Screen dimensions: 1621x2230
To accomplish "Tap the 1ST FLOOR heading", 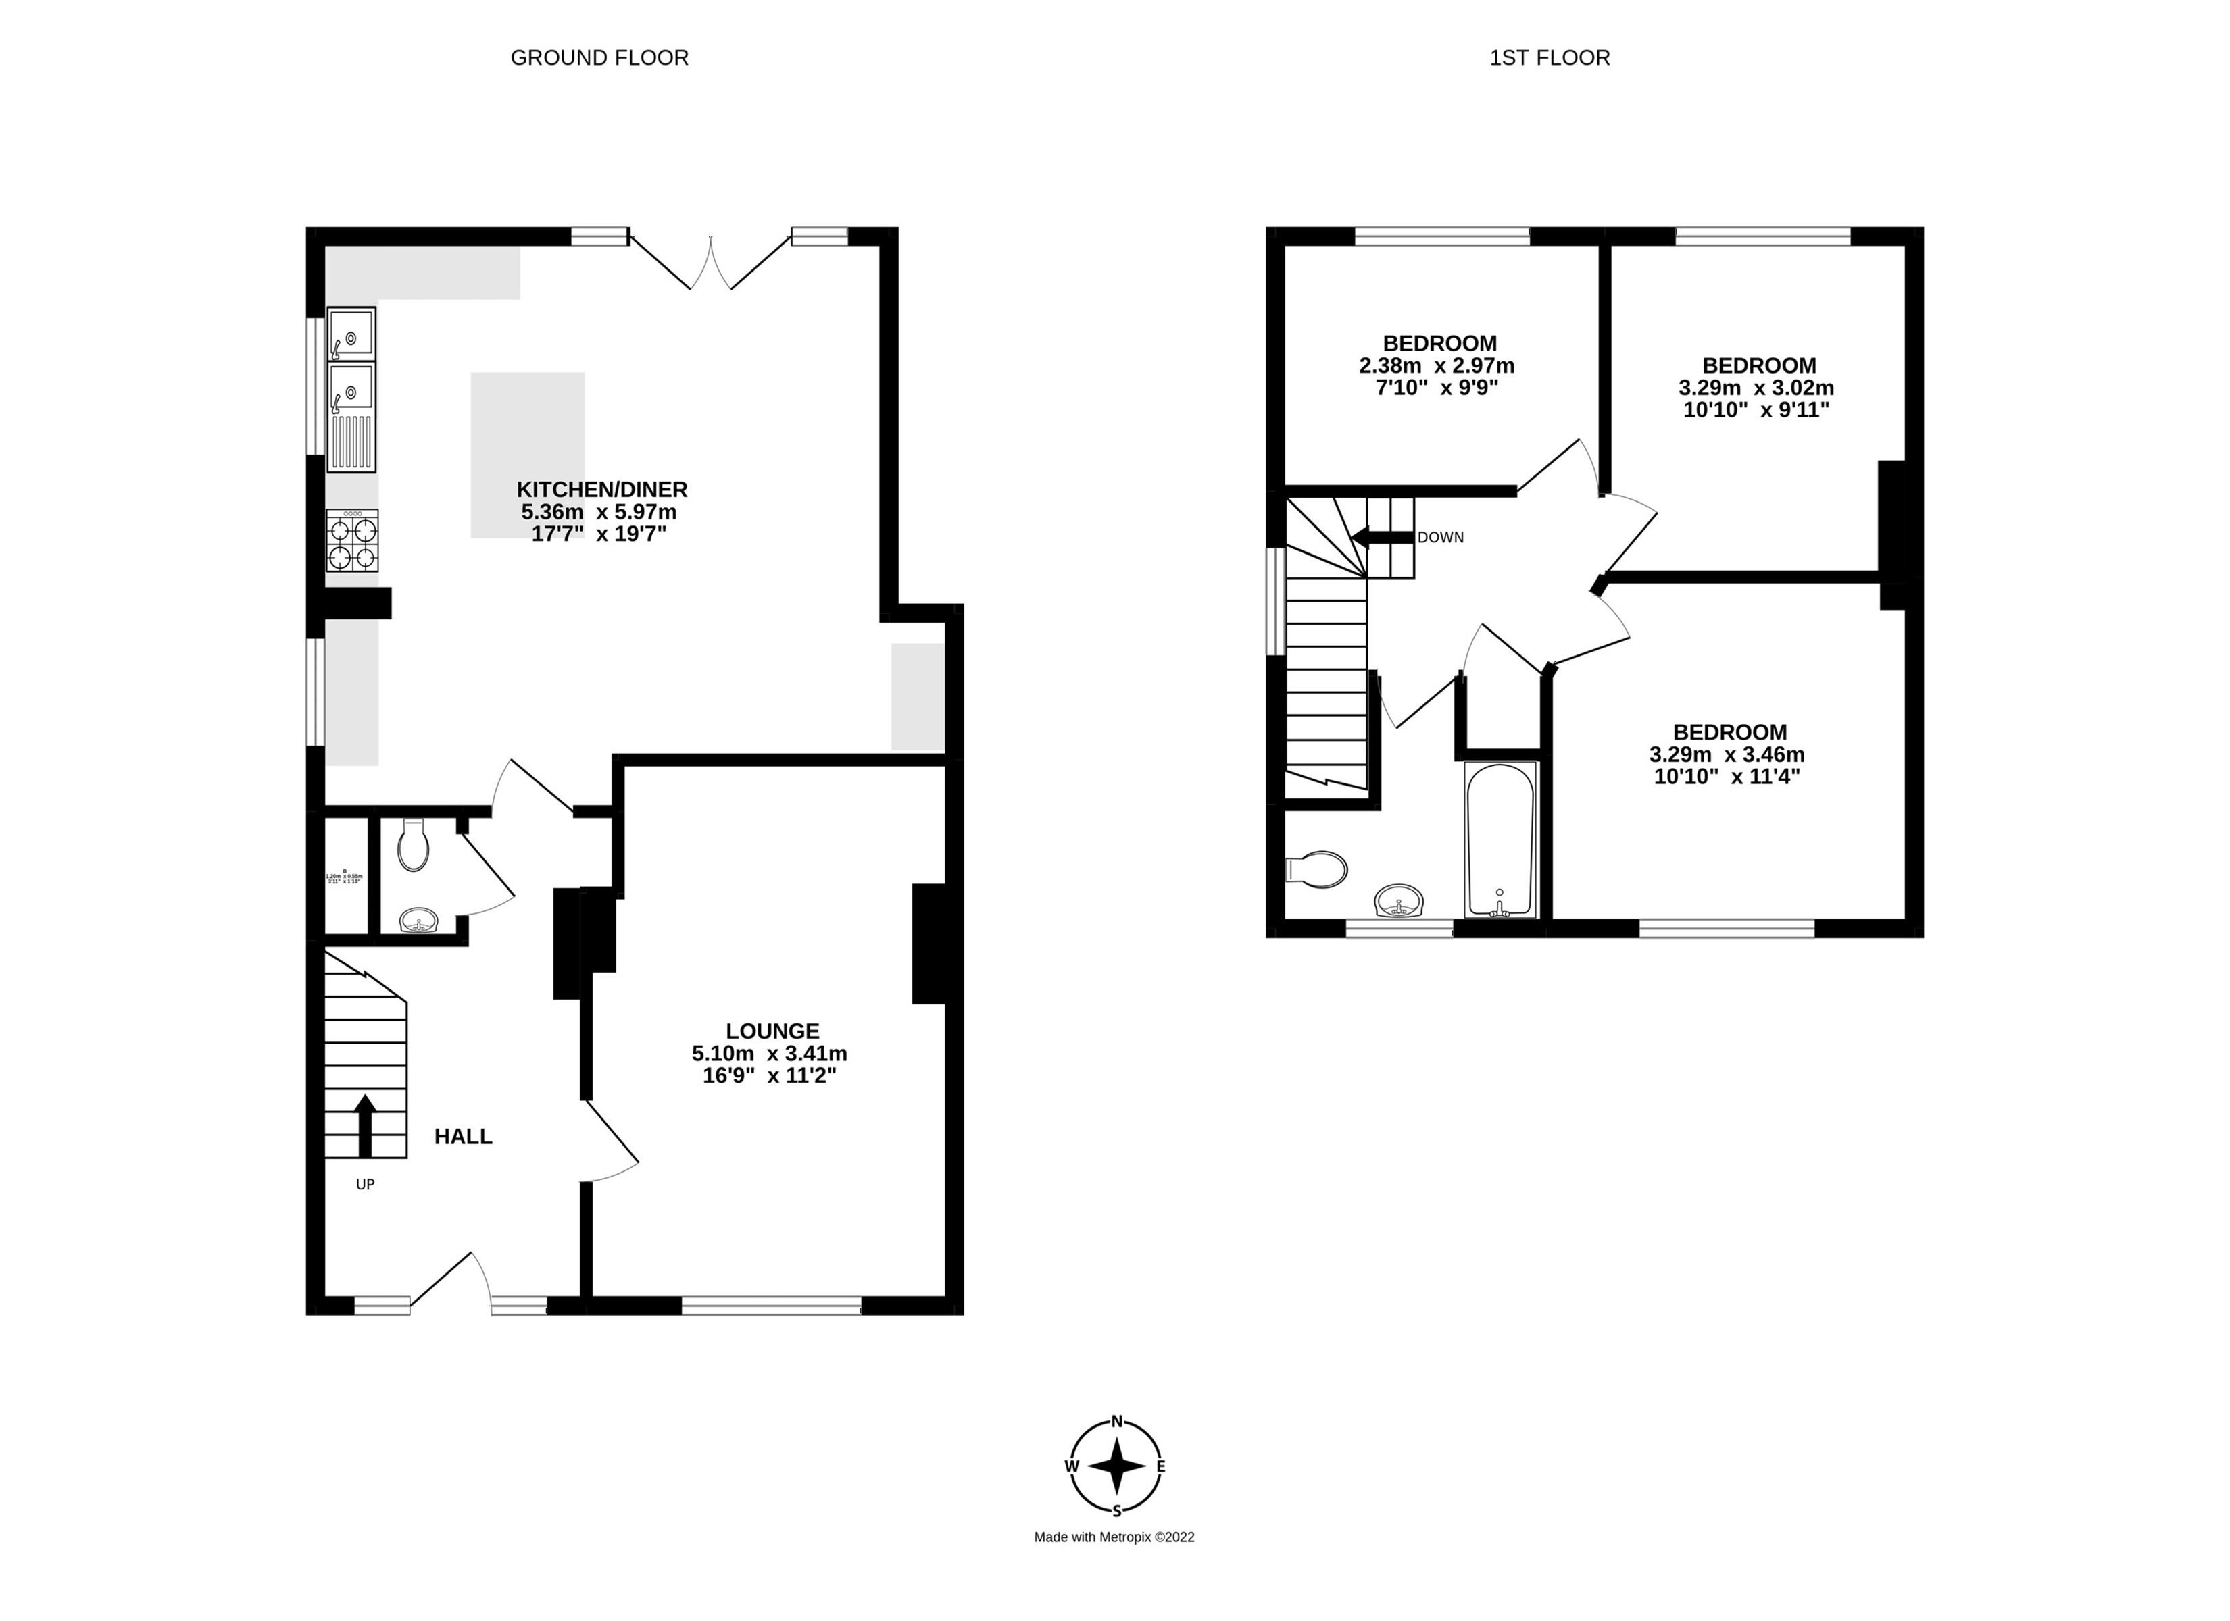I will pos(1549,58).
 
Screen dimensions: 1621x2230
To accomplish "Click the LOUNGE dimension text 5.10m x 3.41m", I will pos(769,1053).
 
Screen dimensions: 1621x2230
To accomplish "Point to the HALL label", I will pos(463,1136).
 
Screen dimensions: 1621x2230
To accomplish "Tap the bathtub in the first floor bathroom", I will pos(1500,840).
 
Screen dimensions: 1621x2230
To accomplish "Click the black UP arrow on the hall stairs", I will pos(365,1125).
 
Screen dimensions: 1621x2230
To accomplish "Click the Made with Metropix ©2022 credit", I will pos(1114,1537).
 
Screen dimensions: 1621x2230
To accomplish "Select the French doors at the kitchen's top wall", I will pos(710,263).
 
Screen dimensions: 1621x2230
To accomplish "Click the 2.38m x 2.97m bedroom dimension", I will pos(1437,365).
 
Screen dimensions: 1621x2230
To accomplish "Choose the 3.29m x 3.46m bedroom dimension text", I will pos(1727,755).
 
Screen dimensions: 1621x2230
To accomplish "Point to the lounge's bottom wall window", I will pos(771,1306).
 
